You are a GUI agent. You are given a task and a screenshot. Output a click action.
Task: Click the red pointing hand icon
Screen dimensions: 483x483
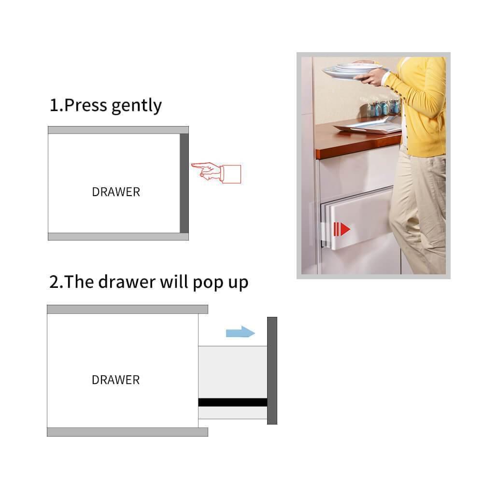pyautogui.click(x=216, y=173)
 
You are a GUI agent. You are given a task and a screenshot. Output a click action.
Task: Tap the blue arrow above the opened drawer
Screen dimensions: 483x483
pyautogui.click(x=240, y=332)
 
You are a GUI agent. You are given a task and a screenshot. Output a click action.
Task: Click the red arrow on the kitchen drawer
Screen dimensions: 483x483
pyautogui.click(x=342, y=229)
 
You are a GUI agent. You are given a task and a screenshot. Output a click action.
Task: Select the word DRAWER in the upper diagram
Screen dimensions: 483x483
pyautogui.click(x=116, y=192)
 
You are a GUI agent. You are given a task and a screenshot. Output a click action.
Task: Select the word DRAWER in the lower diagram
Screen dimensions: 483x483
pyautogui.click(x=116, y=380)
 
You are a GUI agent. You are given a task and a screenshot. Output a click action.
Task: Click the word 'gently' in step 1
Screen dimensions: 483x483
pyautogui.click(x=137, y=106)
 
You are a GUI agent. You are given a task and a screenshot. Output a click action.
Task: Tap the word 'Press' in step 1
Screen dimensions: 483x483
pyautogui.click(x=85, y=105)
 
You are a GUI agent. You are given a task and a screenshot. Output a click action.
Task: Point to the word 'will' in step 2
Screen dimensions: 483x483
pyautogui.click(x=174, y=281)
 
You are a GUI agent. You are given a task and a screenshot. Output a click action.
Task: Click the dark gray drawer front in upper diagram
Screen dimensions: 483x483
pyautogui.click(x=184, y=183)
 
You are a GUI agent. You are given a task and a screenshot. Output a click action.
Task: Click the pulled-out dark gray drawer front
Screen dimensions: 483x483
pyautogui.click(x=272, y=370)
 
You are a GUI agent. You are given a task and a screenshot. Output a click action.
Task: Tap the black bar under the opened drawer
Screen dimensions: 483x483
pyautogui.click(x=233, y=402)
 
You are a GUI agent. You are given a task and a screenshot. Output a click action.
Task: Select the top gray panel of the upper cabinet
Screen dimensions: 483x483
pyautogui.click(x=118, y=129)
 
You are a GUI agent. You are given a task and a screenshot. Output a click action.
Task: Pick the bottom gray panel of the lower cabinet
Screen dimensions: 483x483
pyautogui.click(x=128, y=432)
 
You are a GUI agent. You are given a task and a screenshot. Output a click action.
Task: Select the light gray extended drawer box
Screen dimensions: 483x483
pyautogui.click(x=233, y=382)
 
